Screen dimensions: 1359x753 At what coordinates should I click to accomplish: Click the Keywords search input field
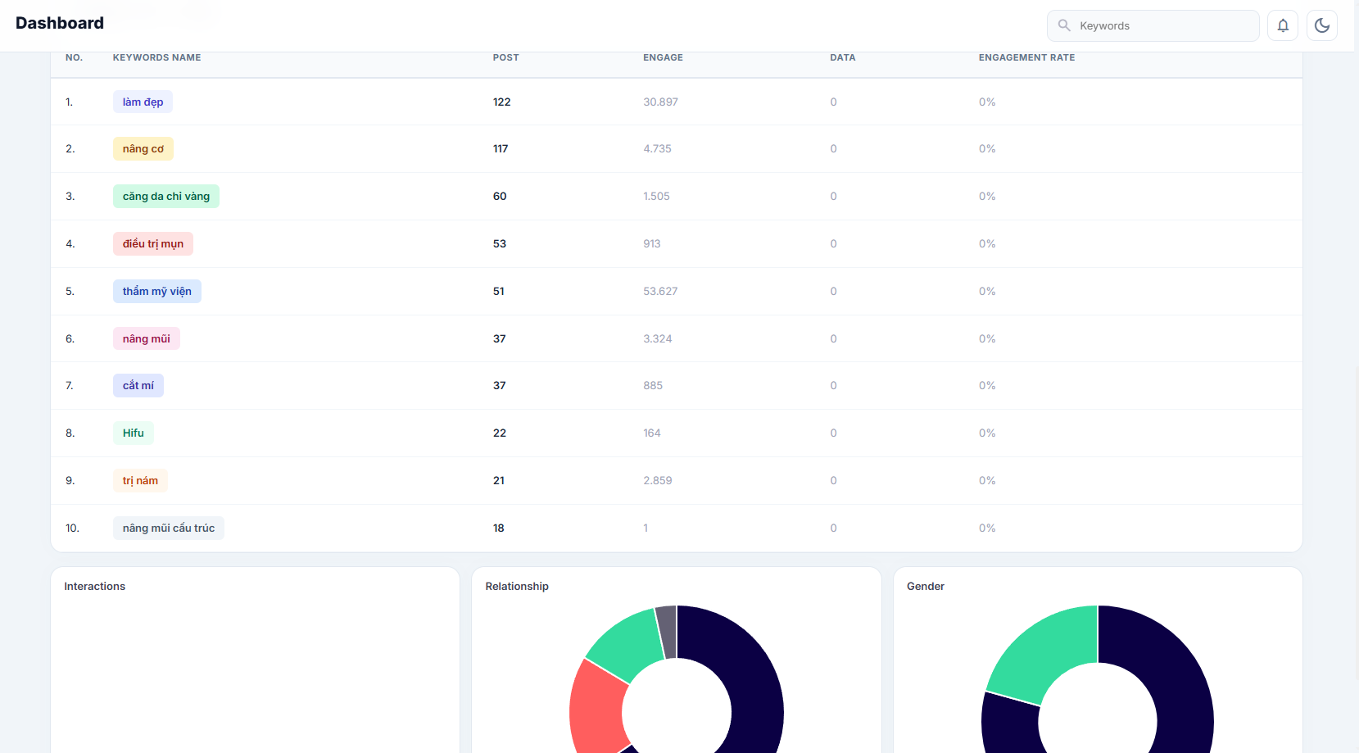1153,25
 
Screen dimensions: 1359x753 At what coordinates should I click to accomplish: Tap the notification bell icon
1283,25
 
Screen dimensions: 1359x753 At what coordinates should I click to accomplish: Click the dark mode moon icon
1322,25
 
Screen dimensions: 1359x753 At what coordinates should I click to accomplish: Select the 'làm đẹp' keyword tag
143,102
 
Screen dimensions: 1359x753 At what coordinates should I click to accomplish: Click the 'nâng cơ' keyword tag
143,148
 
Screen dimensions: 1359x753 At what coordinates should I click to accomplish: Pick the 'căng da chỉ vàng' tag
165,196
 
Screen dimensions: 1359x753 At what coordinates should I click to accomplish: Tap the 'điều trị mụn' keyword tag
153,243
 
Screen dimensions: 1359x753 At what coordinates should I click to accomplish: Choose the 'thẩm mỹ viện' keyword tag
157,291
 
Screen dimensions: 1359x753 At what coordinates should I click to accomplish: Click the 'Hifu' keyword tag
134,433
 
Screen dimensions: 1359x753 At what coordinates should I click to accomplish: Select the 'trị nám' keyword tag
140,481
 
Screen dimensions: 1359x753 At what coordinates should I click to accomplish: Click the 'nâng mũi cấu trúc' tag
169,528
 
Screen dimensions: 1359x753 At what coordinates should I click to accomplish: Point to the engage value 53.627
660,291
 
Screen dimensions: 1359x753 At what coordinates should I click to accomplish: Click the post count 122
501,102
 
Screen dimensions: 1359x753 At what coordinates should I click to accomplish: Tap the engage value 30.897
660,102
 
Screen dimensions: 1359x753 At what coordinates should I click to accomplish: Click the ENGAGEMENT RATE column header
1026,57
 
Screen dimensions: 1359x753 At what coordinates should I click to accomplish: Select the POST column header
505,57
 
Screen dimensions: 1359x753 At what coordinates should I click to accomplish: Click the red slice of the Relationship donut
598,707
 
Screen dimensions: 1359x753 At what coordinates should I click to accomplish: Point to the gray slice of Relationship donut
667,632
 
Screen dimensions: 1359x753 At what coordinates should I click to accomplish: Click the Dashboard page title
60,23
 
